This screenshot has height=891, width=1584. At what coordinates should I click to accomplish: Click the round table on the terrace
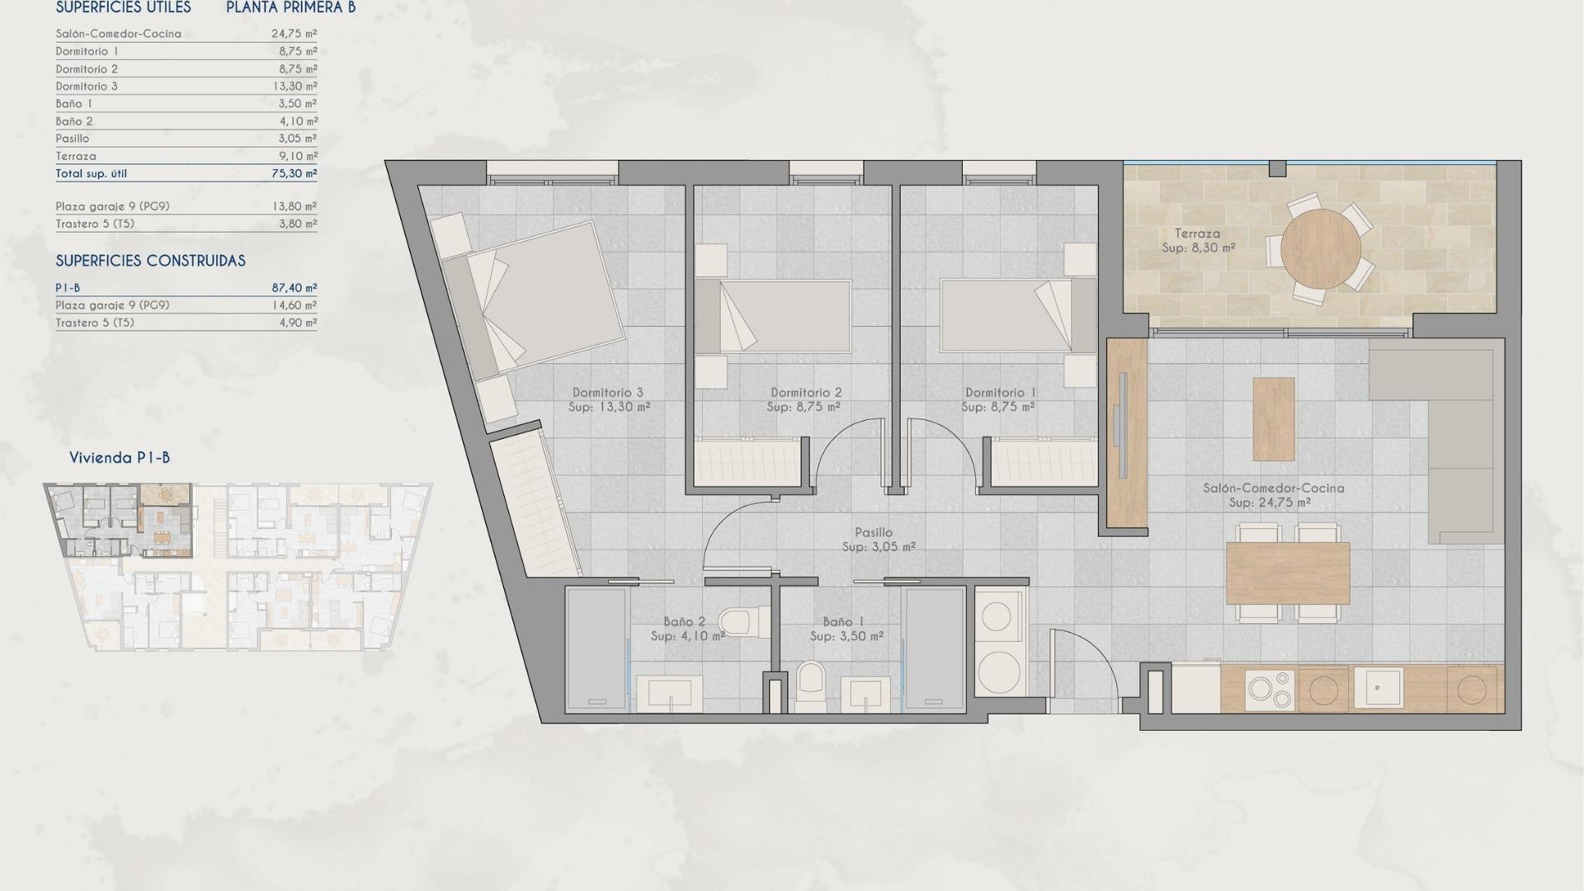click(1321, 248)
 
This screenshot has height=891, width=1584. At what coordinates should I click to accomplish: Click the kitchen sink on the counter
click(1378, 687)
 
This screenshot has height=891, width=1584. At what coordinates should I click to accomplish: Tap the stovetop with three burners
click(1270, 689)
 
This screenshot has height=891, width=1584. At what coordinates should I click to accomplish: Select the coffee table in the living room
click(1273, 418)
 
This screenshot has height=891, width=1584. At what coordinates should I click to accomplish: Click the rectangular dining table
click(1287, 573)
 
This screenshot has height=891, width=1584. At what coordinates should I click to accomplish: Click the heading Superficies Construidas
click(150, 261)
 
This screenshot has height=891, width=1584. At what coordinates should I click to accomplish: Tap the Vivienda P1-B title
click(120, 458)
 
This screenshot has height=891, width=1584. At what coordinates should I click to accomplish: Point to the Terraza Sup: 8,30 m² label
click(1198, 240)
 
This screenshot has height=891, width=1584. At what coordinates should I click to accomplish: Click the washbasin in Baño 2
click(670, 693)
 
